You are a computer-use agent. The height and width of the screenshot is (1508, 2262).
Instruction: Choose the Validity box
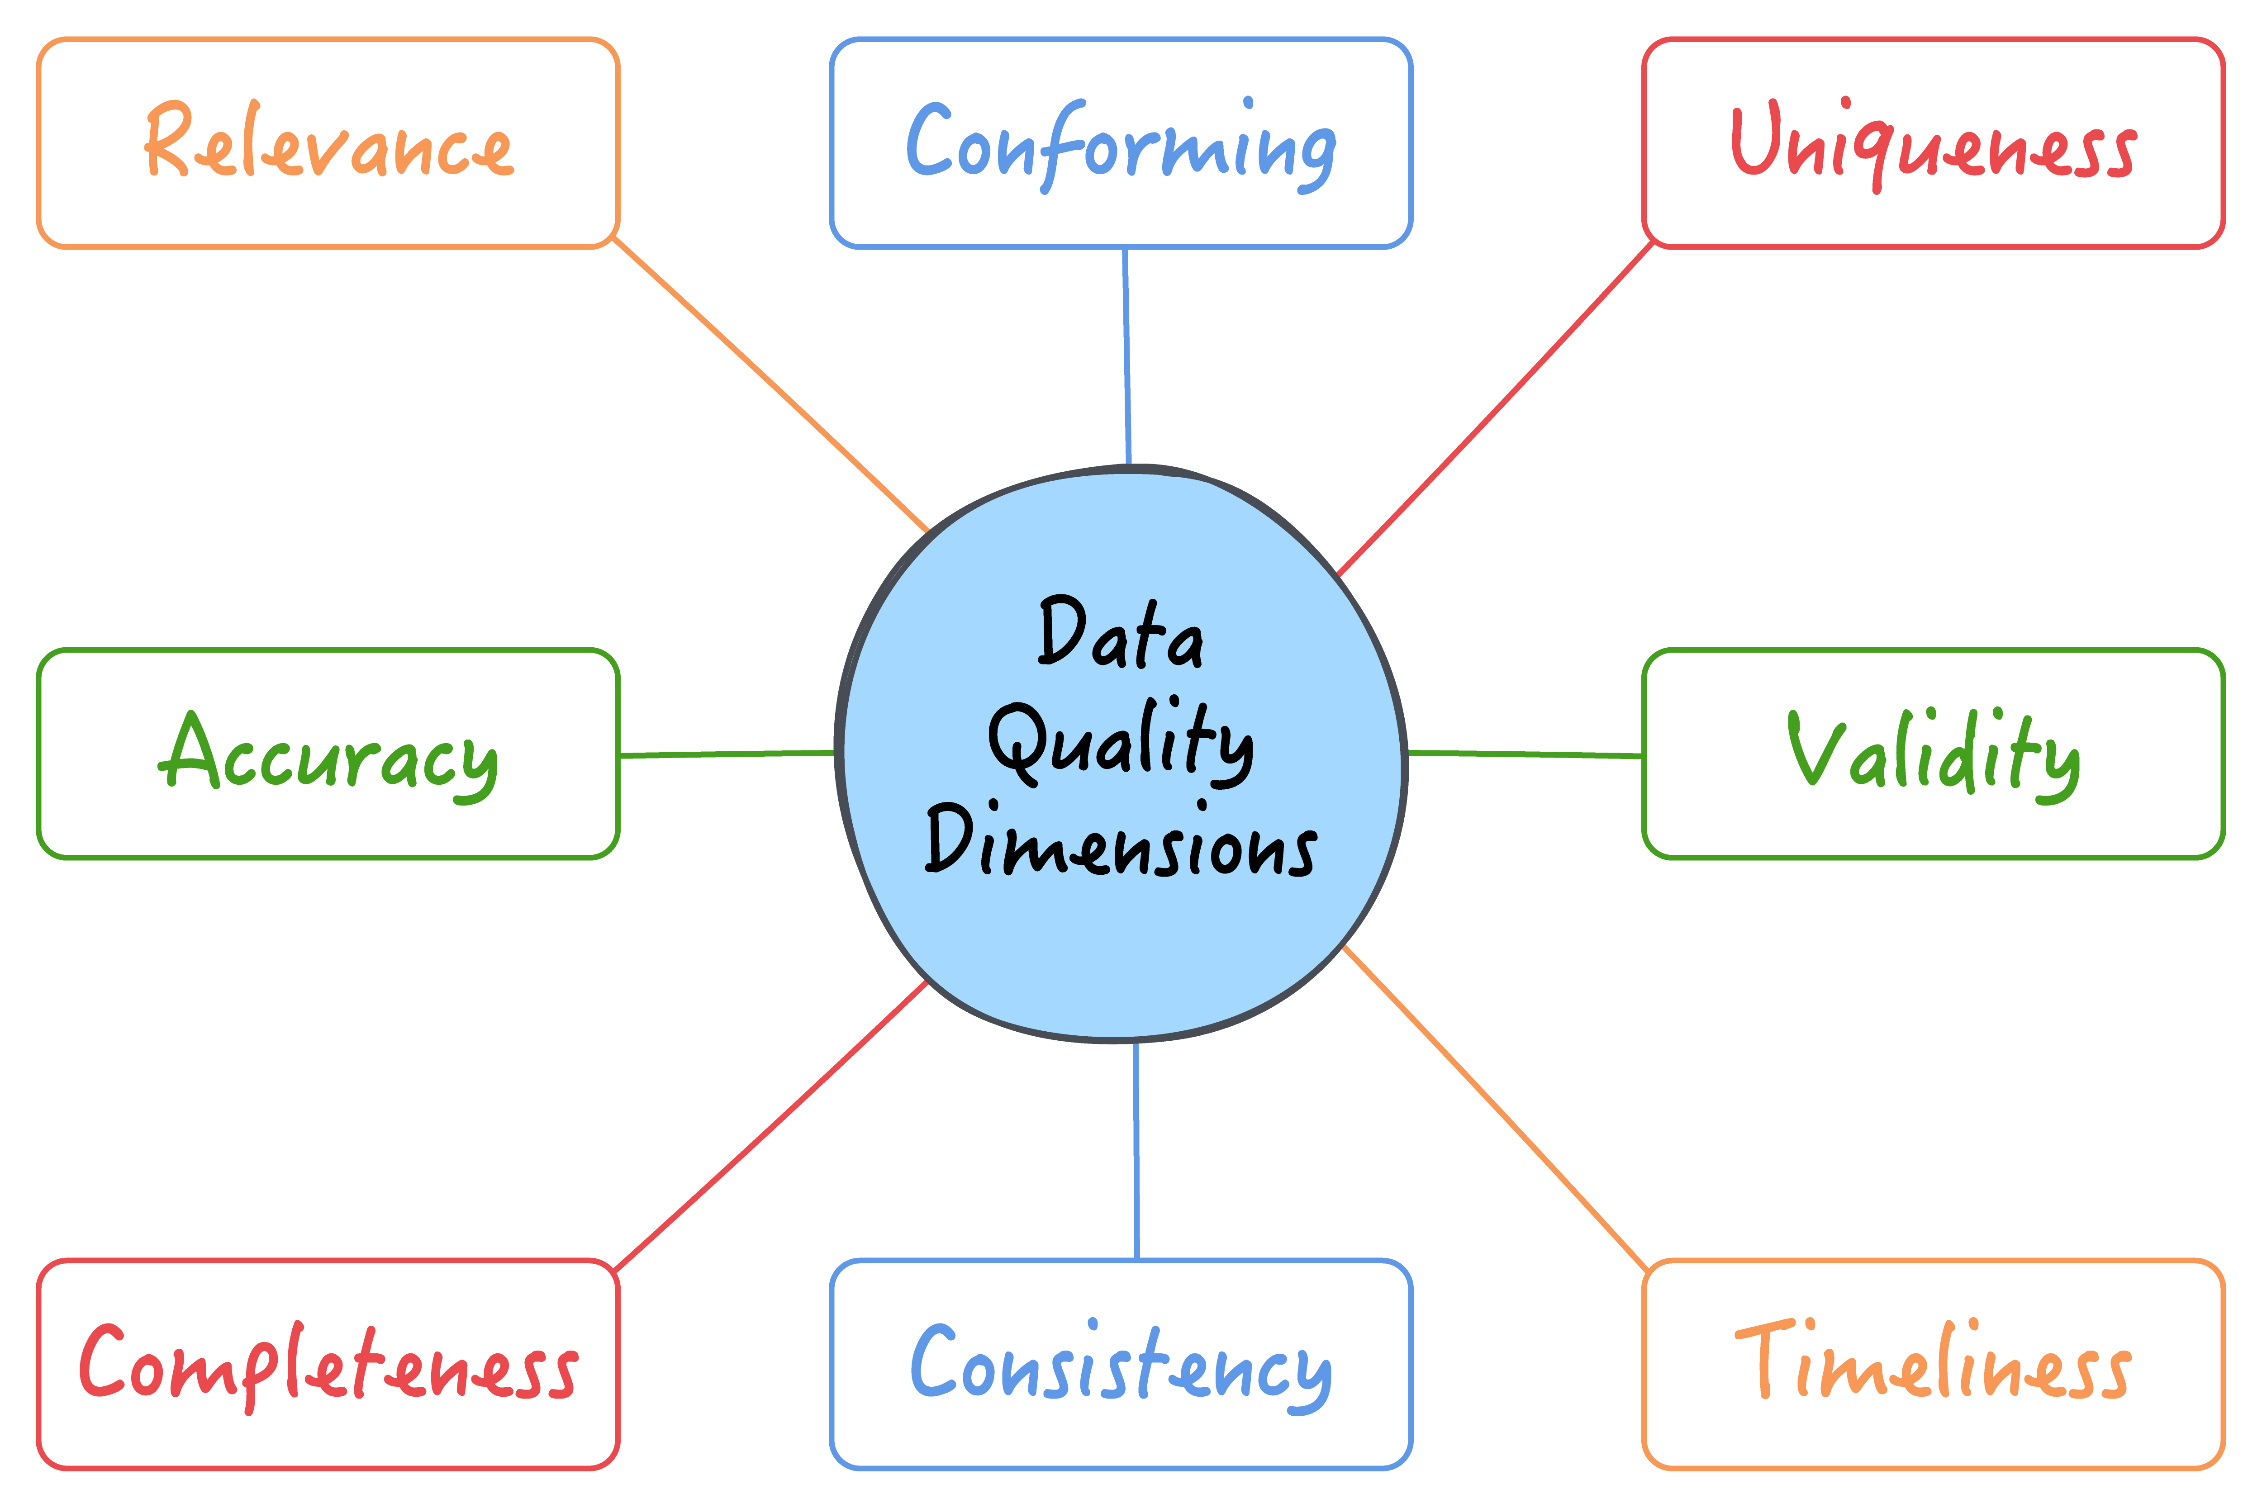click(x=1933, y=753)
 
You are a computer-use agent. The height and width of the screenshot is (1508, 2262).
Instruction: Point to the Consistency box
click(x=1121, y=1364)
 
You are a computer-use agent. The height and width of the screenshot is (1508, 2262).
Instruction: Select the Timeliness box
click(x=1933, y=1364)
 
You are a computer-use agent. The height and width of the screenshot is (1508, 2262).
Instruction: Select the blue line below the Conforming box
click(x=1126, y=356)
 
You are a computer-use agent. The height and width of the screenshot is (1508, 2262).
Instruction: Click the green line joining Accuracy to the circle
click(x=726, y=754)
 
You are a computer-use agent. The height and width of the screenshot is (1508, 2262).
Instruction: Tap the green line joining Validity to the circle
click(x=1524, y=754)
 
